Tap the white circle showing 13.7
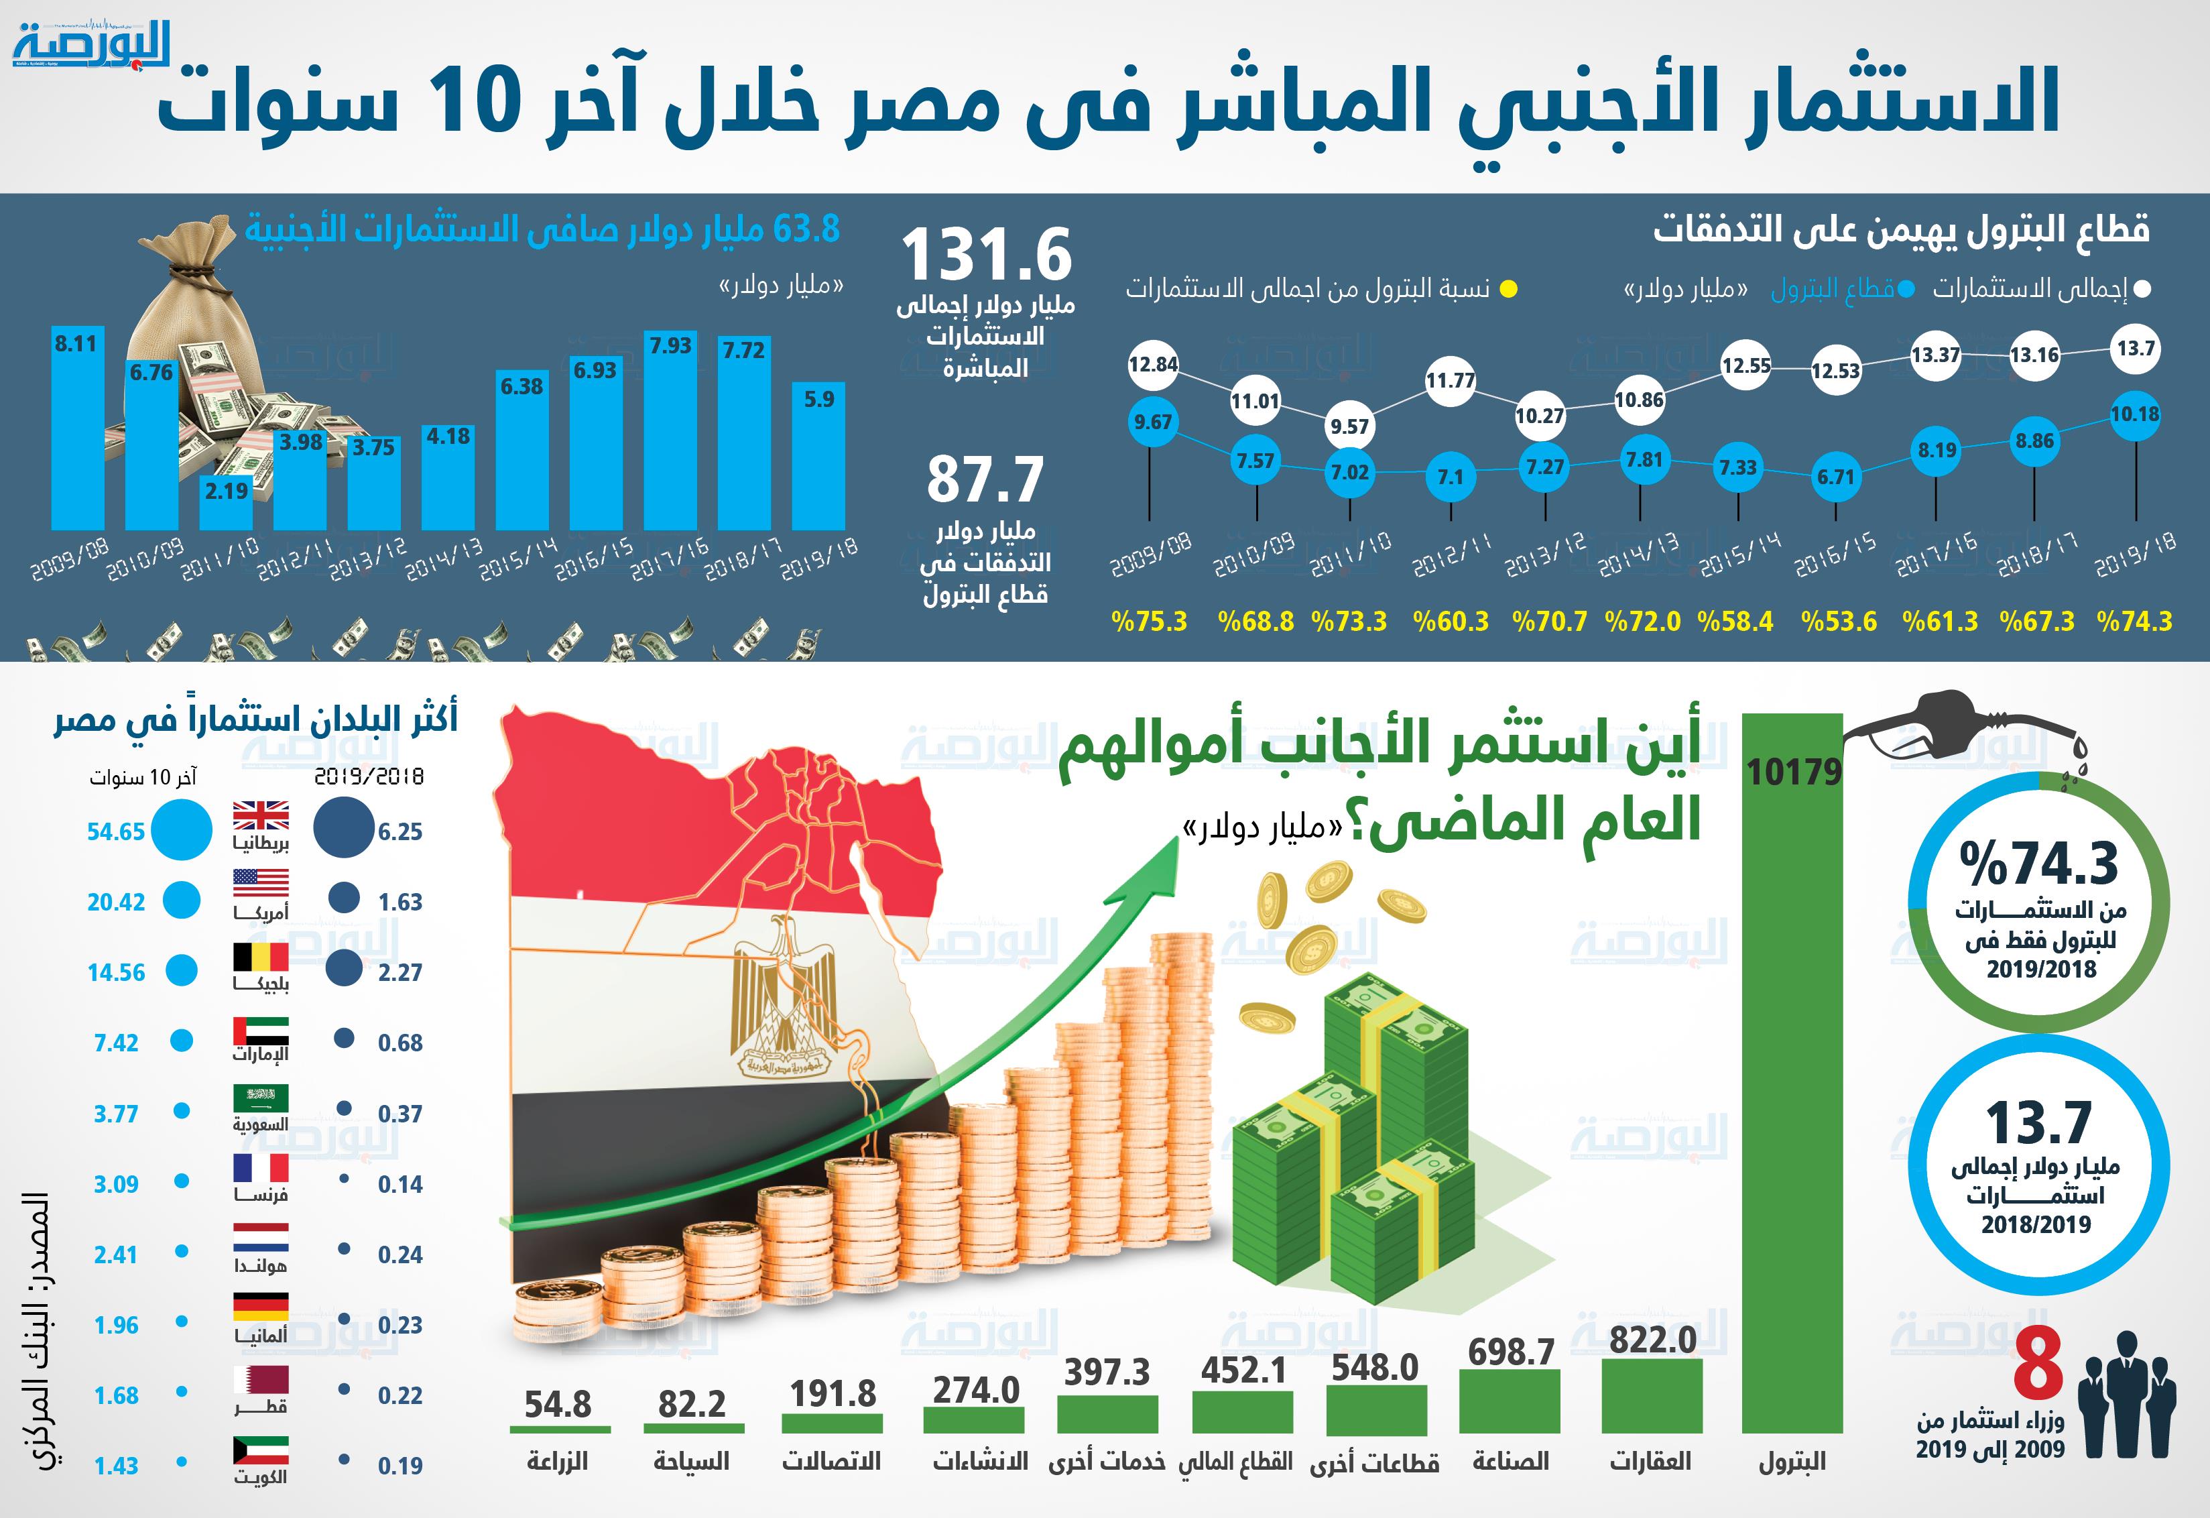2136,349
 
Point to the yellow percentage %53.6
1838,621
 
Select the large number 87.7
985,479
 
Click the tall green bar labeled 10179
1792,1094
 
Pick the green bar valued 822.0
1652,1395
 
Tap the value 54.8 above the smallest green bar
558,1404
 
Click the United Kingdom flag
261,816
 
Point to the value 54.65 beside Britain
116,831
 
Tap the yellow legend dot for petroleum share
1508,289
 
